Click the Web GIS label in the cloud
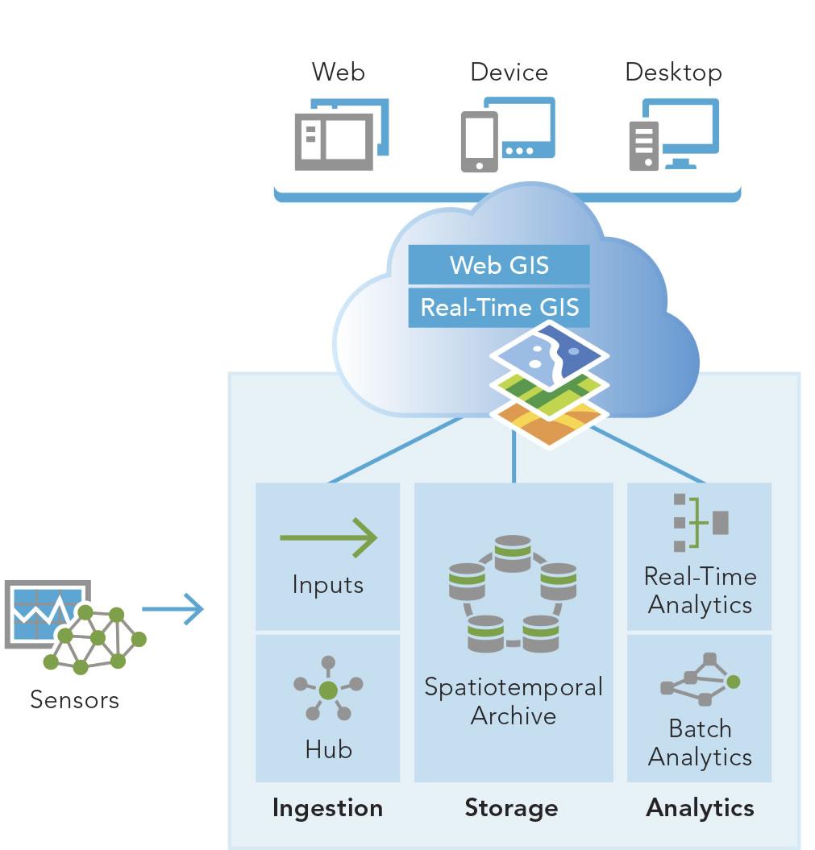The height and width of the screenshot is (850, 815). [500, 264]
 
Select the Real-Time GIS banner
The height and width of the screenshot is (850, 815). [500, 307]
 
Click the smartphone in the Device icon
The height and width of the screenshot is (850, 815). [479, 142]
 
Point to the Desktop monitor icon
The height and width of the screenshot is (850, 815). [680, 129]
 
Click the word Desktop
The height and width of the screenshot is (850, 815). [673, 73]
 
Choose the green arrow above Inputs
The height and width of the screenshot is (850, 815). [328, 535]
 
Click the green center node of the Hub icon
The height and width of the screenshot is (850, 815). [327, 690]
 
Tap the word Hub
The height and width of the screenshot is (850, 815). [328, 749]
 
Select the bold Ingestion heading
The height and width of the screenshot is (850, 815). [327, 807]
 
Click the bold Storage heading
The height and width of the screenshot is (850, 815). [511, 807]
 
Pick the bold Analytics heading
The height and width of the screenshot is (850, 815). [700, 807]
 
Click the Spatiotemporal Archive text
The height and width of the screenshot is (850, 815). [514, 701]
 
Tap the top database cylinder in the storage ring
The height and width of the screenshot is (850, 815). [513, 551]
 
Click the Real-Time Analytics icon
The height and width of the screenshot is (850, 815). [700, 522]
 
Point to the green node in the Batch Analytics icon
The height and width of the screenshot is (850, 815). [733, 682]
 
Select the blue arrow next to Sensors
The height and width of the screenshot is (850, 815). [173, 608]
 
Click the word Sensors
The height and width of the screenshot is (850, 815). [74, 699]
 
